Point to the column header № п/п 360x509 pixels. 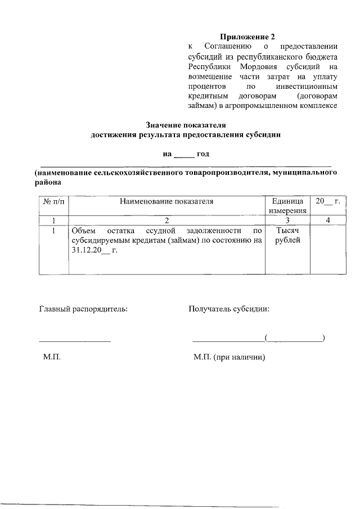53,201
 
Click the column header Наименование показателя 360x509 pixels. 166,201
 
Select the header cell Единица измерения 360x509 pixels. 287,205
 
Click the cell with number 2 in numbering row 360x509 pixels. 166,220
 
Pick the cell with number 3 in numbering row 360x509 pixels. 287,220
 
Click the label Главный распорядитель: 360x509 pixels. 83,309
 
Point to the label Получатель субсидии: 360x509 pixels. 229,309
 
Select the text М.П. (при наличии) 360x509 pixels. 229,357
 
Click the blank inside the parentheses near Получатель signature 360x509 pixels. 295,338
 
